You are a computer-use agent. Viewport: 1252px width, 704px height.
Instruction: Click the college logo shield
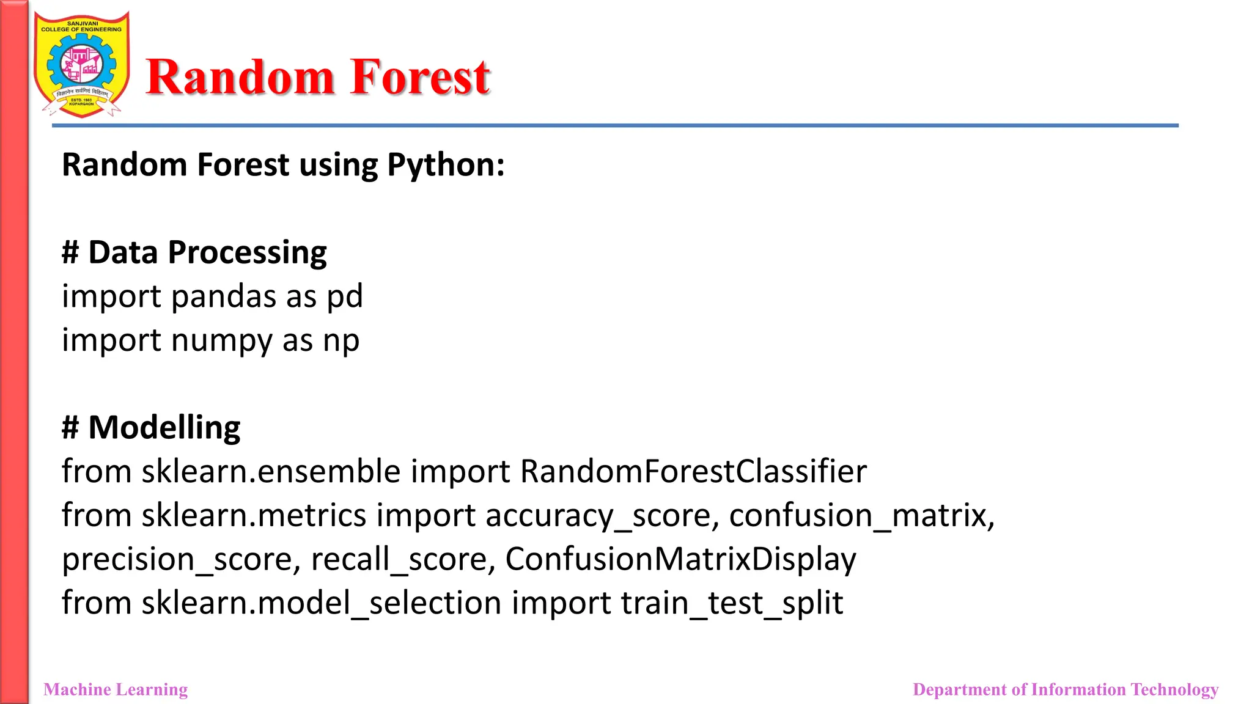[81, 65]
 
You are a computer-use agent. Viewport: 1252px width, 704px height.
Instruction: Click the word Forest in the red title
[421, 78]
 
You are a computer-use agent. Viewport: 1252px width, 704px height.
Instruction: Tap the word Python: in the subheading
[446, 166]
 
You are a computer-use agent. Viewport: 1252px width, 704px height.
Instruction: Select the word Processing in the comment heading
[247, 253]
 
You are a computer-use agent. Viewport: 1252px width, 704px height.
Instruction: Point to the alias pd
[344, 297]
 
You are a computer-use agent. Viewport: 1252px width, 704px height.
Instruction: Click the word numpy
[221, 341]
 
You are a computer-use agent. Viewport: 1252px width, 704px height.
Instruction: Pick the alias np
[341, 341]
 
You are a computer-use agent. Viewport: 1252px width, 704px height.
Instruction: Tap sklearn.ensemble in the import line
[271, 472]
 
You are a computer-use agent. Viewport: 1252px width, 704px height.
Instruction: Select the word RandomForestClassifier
[693, 472]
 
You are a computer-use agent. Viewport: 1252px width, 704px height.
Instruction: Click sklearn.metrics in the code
[254, 516]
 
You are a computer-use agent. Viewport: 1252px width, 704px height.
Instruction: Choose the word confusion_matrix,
[862, 516]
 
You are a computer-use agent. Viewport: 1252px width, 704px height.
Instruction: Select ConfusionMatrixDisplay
[680, 560]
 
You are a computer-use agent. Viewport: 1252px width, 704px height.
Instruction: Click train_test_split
[732, 604]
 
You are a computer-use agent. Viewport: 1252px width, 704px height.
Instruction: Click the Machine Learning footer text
[116, 689]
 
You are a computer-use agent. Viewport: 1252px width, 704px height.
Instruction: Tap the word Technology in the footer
[1174, 689]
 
